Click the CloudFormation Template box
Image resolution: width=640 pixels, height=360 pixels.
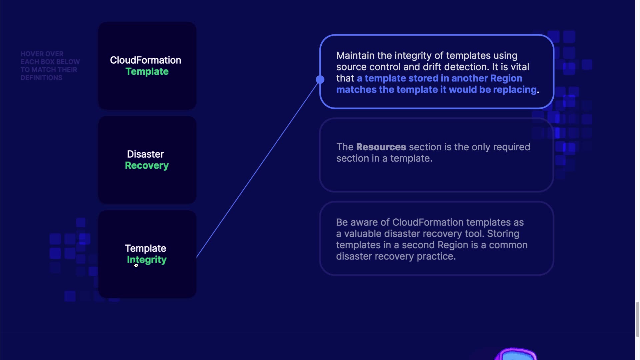click(x=147, y=66)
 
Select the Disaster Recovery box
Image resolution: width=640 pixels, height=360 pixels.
click(x=147, y=160)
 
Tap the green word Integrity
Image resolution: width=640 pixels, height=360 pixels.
click(x=147, y=260)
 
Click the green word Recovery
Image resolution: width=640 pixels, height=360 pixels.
click(x=147, y=166)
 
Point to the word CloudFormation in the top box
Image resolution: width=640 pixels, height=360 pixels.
click(x=146, y=60)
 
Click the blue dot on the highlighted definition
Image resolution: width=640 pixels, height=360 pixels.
click(x=320, y=79)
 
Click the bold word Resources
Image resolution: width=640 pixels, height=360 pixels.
click(x=381, y=147)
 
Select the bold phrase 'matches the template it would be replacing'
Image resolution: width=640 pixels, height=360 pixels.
click(x=436, y=90)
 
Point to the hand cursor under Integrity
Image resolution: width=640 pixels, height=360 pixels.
click(x=136, y=265)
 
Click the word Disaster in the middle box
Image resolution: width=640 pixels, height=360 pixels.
click(x=146, y=154)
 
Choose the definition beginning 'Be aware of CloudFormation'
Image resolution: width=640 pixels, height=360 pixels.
click(x=437, y=238)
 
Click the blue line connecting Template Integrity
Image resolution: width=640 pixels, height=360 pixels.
click(x=257, y=169)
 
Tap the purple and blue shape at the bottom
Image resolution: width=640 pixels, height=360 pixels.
click(x=516, y=354)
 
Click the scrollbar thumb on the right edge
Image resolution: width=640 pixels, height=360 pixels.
click(x=638, y=319)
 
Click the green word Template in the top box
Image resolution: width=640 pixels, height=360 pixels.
click(x=147, y=72)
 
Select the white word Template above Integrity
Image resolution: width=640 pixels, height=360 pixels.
click(x=146, y=248)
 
